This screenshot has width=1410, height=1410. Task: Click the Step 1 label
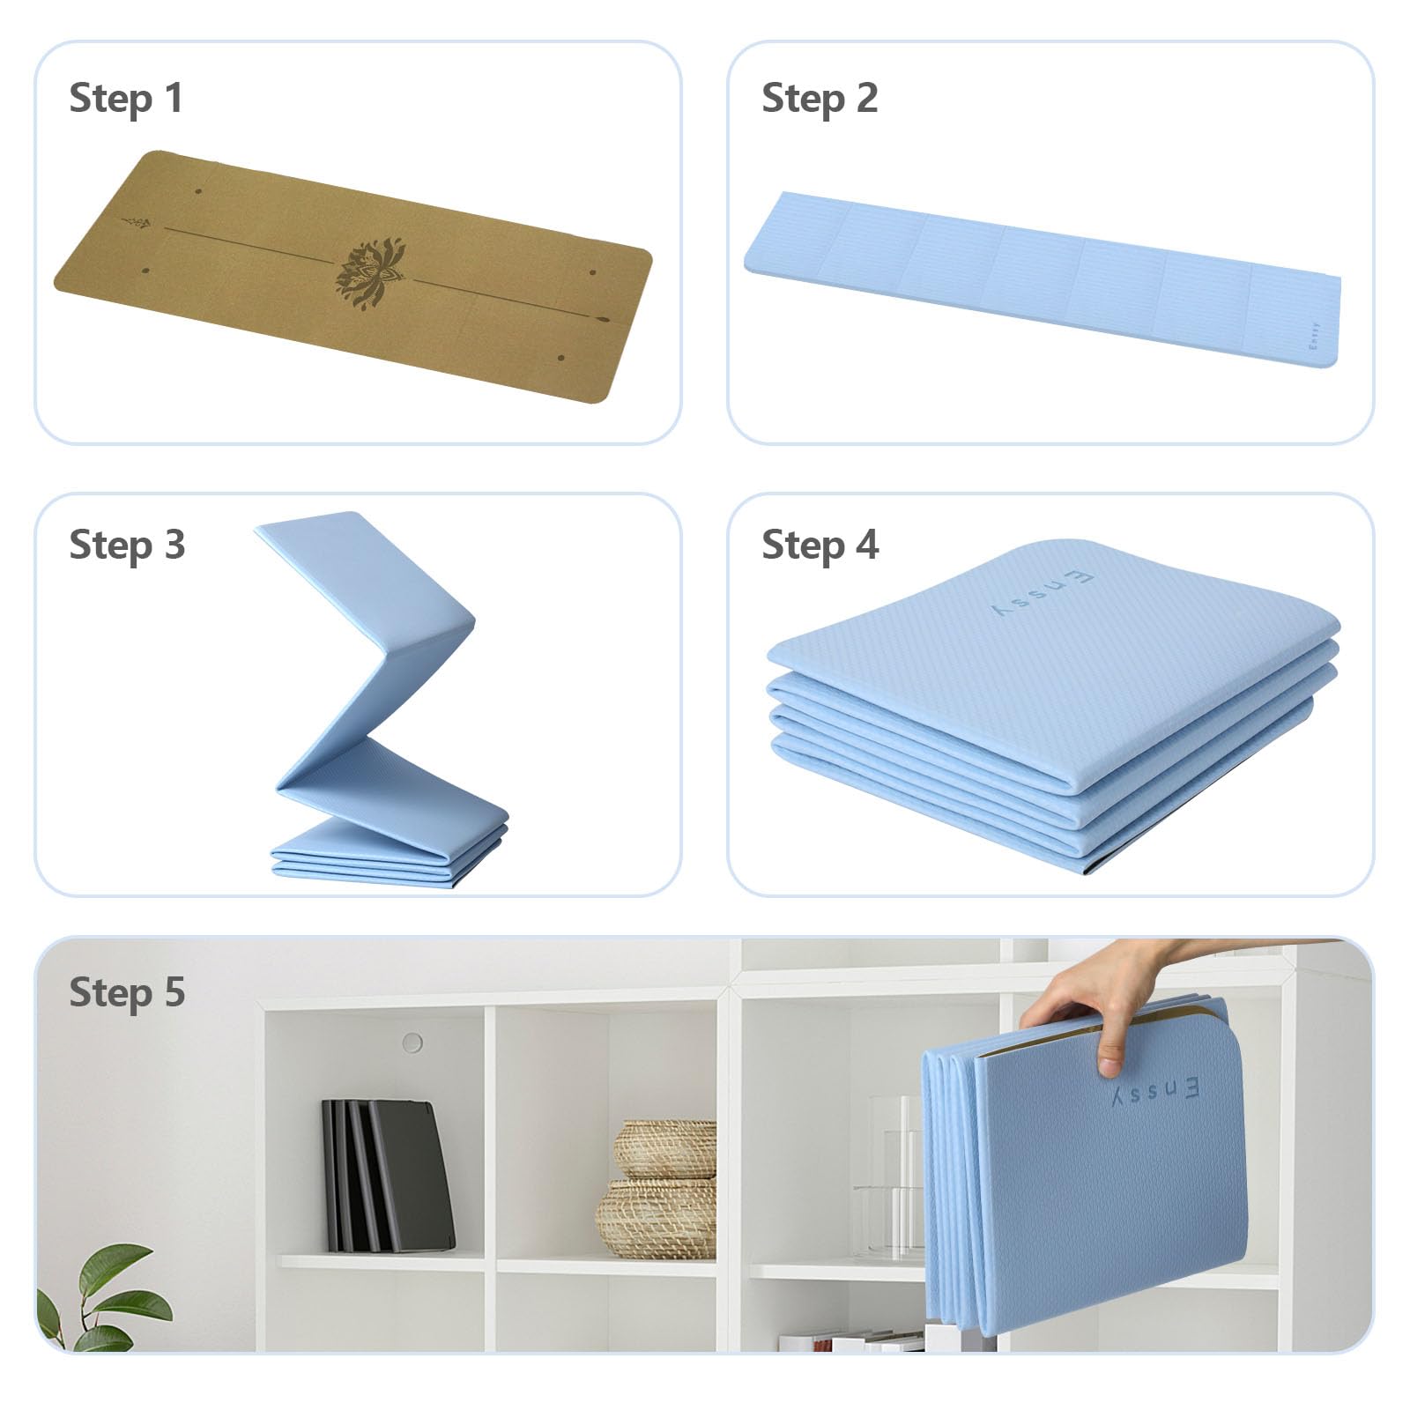(x=126, y=98)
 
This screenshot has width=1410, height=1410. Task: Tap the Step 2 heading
(x=820, y=98)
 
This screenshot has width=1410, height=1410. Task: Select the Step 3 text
(x=127, y=545)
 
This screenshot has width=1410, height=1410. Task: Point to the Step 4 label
(x=820, y=545)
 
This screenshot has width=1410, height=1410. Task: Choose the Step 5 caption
(x=127, y=991)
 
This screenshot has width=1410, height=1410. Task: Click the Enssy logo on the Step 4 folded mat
(x=1043, y=593)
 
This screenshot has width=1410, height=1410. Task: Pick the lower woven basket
(x=657, y=1219)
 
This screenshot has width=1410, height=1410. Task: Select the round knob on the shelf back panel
(x=412, y=1043)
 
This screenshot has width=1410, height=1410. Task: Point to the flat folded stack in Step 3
(x=389, y=853)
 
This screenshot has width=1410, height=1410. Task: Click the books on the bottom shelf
(x=850, y=1341)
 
